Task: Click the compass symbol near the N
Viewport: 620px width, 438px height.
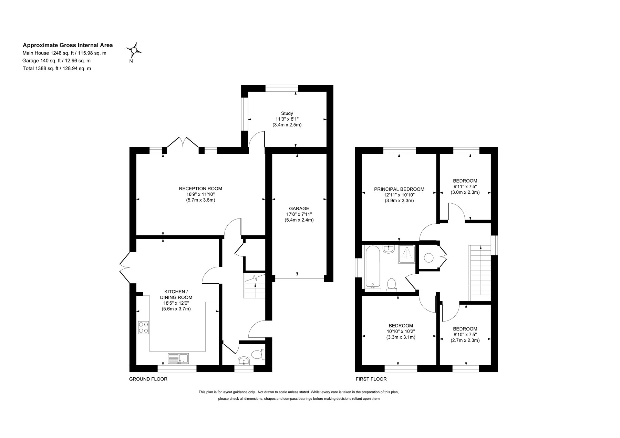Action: point(134,50)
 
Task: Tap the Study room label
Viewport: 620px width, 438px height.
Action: point(287,113)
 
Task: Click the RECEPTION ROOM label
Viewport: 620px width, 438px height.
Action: point(200,189)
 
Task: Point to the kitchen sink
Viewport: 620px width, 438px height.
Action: point(178,358)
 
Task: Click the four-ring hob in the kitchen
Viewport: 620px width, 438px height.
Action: point(143,327)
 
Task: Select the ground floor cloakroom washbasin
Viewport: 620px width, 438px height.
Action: point(244,361)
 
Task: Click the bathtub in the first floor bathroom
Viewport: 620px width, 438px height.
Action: point(372,266)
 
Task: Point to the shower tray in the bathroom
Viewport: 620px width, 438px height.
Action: point(407,254)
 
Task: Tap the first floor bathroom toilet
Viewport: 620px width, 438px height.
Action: point(391,285)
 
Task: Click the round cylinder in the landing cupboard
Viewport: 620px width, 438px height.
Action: point(428,257)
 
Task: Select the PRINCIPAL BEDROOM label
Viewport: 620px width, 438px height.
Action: point(399,189)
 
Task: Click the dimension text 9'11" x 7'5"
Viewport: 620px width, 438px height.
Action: point(465,187)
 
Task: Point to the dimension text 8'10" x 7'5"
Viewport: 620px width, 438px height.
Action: point(465,335)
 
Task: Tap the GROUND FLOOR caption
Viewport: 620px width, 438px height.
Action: point(148,379)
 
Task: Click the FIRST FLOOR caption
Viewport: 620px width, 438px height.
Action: point(371,379)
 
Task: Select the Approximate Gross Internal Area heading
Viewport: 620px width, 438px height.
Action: point(68,45)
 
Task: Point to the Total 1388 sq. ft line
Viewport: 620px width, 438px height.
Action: point(57,68)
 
